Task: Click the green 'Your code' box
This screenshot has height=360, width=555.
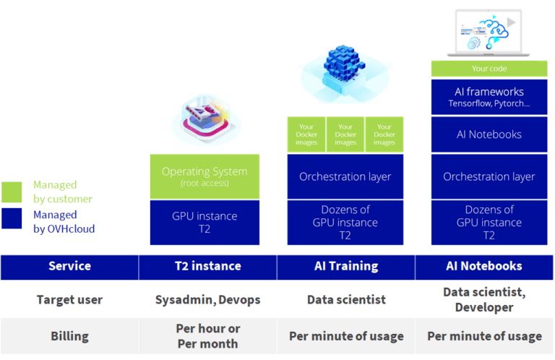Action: click(x=489, y=69)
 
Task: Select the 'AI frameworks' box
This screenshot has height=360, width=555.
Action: click(x=489, y=97)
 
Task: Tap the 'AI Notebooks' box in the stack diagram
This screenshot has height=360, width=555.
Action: click(x=489, y=134)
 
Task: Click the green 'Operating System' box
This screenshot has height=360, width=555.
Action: click(x=205, y=176)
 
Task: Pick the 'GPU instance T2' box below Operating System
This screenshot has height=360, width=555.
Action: click(x=205, y=222)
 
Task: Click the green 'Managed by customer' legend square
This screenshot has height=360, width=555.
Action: click(x=12, y=192)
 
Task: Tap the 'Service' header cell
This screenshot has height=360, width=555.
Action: click(x=69, y=266)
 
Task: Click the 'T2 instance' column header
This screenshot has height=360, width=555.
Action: click(x=207, y=266)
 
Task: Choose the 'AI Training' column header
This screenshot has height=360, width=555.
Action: click(x=345, y=266)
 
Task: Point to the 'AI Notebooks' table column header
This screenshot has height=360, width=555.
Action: click(x=484, y=266)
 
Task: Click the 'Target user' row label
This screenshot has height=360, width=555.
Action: click(x=69, y=299)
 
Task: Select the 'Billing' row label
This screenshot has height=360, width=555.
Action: click(x=69, y=335)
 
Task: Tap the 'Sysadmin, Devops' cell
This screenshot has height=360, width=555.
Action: click(x=207, y=299)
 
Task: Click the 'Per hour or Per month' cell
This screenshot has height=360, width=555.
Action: click(x=207, y=335)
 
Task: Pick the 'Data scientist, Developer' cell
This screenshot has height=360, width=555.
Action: click(x=484, y=299)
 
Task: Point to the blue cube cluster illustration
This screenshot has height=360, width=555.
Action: click(x=344, y=69)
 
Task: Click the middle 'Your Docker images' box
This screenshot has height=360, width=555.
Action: click(x=345, y=134)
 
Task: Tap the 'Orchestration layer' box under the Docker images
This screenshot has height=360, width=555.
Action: click(x=345, y=176)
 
